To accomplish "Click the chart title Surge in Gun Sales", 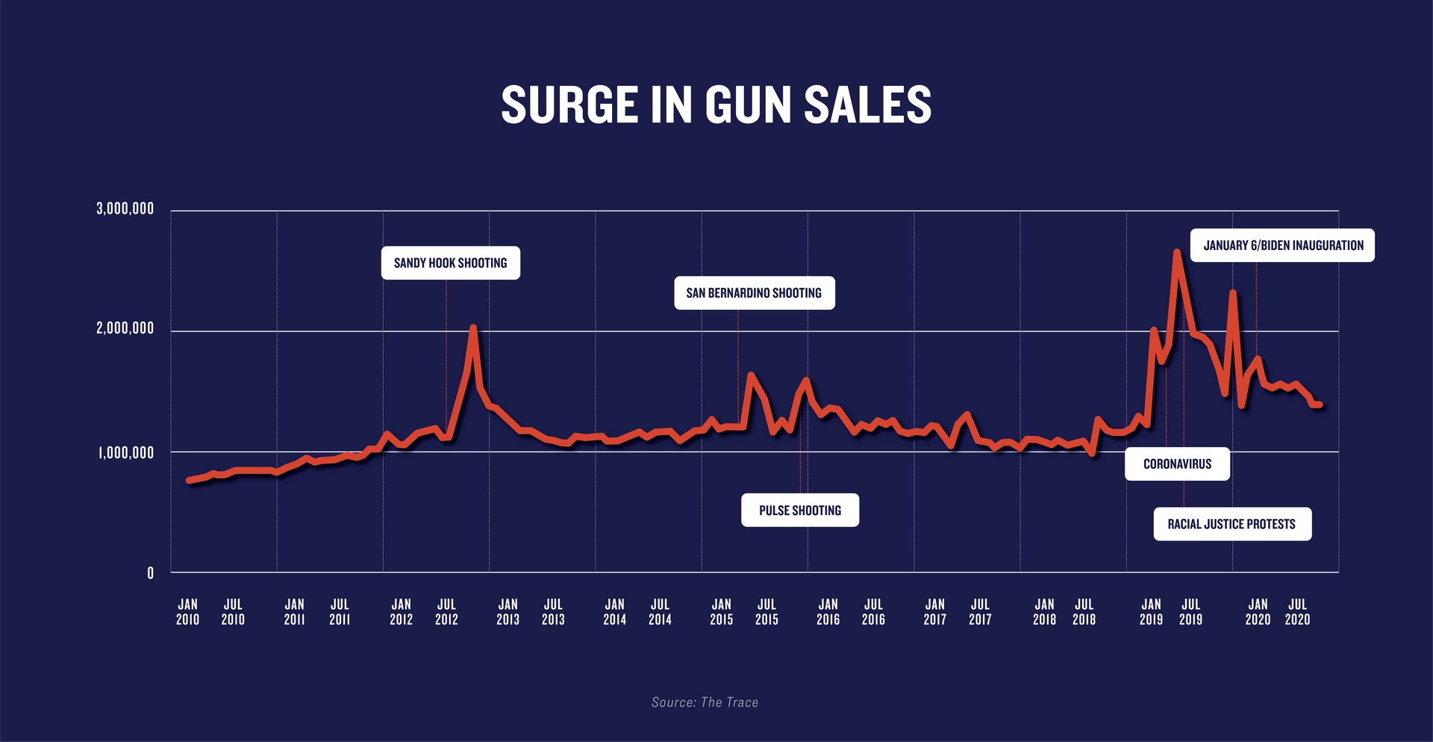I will (716, 105).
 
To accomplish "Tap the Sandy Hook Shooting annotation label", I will (450, 263).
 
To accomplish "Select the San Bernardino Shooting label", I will (754, 293).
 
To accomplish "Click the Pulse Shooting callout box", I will (799, 510).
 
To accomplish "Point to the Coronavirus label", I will (1177, 464).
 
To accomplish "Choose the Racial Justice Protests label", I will (1231, 524).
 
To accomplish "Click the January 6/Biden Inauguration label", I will (1282, 245).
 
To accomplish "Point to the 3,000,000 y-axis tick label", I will (125, 209).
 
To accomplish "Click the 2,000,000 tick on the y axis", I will (125, 328).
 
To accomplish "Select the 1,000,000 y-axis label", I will (125, 452).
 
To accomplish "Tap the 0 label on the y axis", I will (150, 573).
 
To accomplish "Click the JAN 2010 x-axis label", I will (187, 611).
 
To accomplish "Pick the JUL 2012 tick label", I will (446, 611).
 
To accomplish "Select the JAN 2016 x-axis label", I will (828, 611).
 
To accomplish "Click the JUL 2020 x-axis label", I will (1297, 611).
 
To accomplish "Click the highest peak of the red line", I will (1176, 252).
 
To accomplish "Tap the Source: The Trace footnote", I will (705, 702).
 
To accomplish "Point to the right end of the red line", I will (1319, 405).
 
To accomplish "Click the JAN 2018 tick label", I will (1044, 611).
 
